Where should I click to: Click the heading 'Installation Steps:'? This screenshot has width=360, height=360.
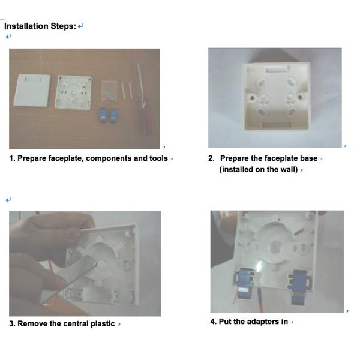40,26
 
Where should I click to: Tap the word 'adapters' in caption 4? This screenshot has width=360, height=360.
261,322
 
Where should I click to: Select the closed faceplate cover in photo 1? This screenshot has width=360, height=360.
32,90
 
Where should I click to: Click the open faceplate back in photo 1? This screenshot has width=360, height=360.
73,92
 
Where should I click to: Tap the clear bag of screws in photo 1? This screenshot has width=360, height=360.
109,91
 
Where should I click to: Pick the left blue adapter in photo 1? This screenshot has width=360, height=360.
103,115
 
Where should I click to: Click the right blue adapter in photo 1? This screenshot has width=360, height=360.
113,116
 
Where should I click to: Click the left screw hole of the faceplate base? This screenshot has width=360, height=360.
252,98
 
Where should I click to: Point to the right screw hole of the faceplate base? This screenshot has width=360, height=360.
300,97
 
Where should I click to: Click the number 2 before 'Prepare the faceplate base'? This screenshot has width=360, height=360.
211,158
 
